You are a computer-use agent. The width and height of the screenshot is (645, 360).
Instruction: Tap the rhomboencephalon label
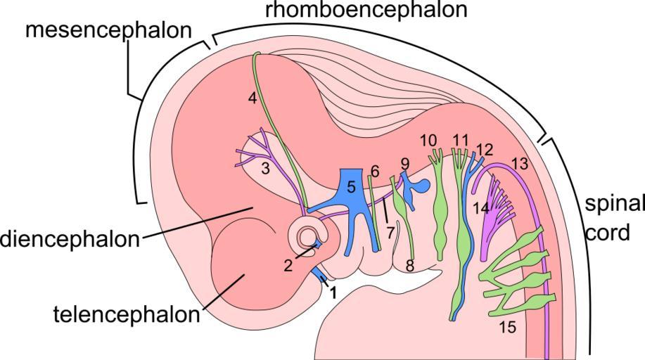click(x=366, y=11)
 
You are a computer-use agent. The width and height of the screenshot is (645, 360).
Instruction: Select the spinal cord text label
click(x=613, y=218)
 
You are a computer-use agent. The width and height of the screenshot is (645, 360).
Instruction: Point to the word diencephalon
click(x=70, y=239)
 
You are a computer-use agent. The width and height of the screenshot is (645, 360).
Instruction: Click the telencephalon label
click(x=127, y=314)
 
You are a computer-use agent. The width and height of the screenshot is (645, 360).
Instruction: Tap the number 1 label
click(x=333, y=289)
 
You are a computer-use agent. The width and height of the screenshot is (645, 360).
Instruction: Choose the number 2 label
click(x=288, y=265)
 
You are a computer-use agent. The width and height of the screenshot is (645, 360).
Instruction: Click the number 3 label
click(x=265, y=169)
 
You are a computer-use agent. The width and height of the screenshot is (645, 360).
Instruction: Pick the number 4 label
click(x=253, y=98)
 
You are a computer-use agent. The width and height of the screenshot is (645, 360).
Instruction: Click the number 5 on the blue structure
click(x=351, y=186)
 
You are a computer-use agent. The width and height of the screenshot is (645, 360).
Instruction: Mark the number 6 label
click(x=375, y=171)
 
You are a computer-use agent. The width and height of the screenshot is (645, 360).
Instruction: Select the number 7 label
click(x=390, y=232)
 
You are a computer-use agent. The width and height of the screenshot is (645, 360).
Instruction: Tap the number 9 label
click(x=404, y=163)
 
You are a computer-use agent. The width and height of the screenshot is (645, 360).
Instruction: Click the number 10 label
click(x=429, y=140)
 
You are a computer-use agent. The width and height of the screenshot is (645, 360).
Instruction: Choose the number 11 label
click(x=461, y=139)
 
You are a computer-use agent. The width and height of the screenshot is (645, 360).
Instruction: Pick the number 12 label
click(x=485, y=149)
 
